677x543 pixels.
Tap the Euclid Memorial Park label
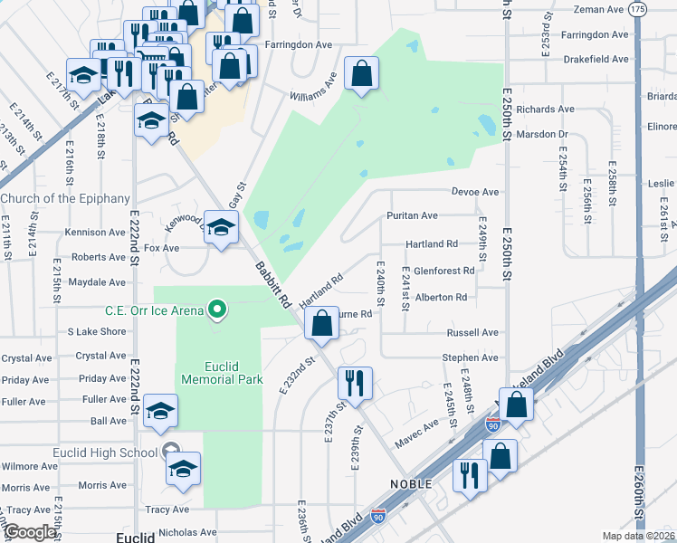tap(221, 372)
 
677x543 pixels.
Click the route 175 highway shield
tap(638, 8)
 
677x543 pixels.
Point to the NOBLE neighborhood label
tap(412, 484)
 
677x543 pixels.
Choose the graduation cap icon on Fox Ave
tap(220, 227)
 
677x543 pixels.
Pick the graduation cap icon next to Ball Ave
tap(160, 411)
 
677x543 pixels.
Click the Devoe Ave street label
tap(476, 192)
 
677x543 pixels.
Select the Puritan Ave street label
tap(412, 215)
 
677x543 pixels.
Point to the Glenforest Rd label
tap(443, 271)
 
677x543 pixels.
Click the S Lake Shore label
tap(97, 332)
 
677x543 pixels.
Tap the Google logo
tap(31, 532)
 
